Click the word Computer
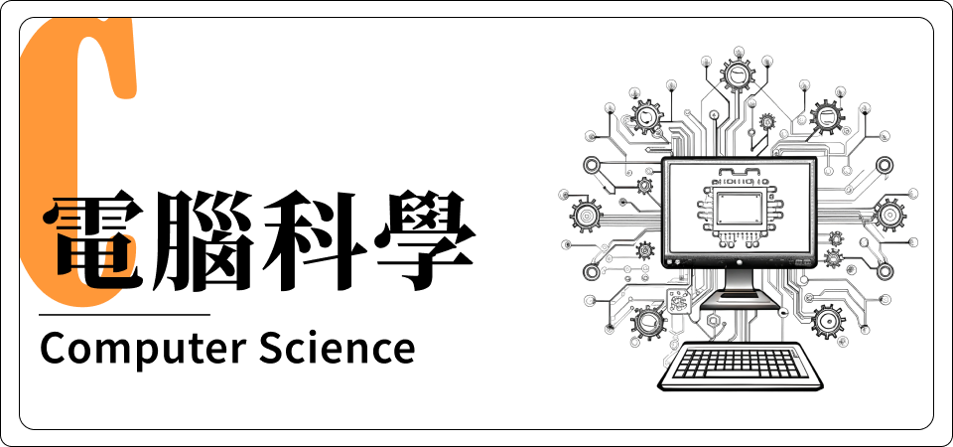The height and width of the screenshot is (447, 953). (x=143, y=349)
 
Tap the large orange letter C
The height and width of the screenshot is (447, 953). (x=76, y=161)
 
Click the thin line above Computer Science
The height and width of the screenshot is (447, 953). (x=125, y=315)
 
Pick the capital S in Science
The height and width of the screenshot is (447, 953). (x=272, y=348)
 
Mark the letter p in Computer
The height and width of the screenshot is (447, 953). (x=141, y=353)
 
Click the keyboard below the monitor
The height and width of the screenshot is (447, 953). (x=741, y=367)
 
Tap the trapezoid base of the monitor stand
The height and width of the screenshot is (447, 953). (x=739, y=301)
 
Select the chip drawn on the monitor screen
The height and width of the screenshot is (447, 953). (x=739, y=208)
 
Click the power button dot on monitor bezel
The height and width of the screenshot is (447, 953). (x=740, y=262)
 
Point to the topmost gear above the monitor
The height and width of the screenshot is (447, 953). (x=738, y=74)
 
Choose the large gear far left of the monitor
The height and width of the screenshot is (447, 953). (x=587, y=215)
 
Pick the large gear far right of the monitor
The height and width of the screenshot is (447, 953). (x=889, y=215)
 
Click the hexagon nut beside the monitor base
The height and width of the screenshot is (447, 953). (x=714, y=319)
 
